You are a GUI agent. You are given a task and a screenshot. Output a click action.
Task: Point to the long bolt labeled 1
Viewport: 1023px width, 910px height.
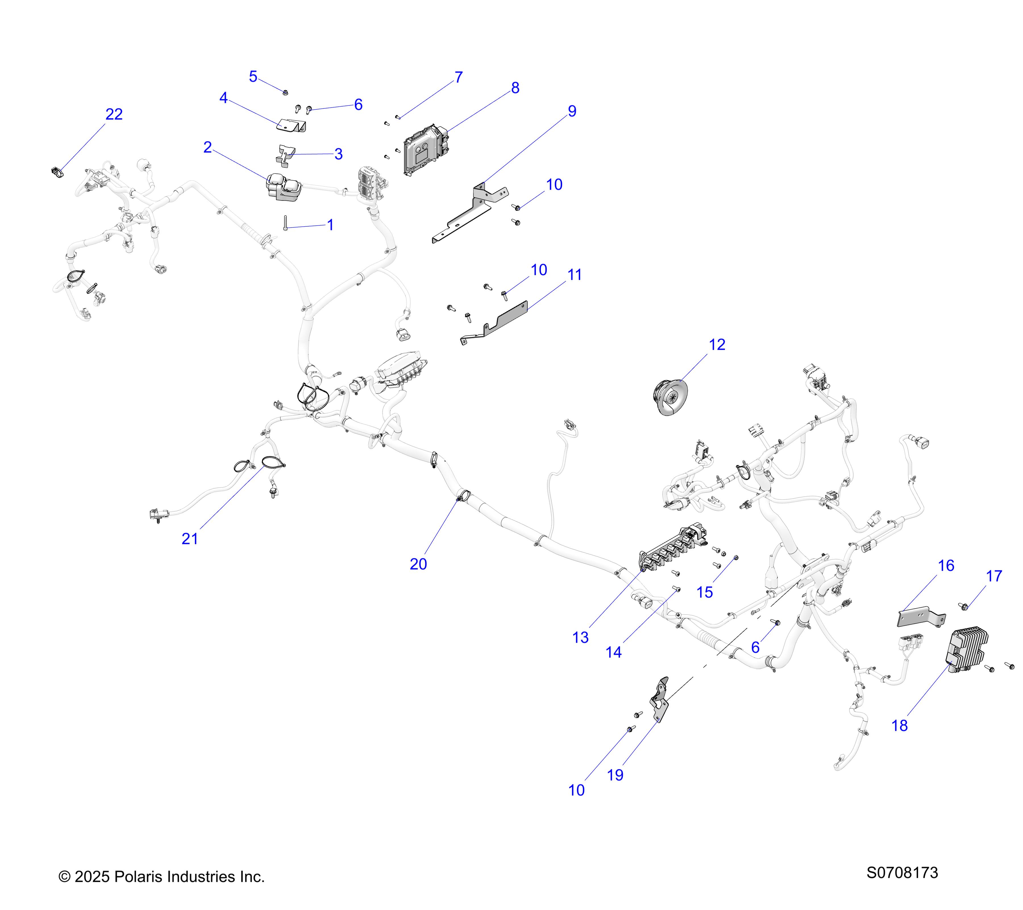click(x=285, y=223)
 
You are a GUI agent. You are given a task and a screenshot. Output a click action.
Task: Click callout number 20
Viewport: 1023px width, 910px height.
click(x=418, y=564)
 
